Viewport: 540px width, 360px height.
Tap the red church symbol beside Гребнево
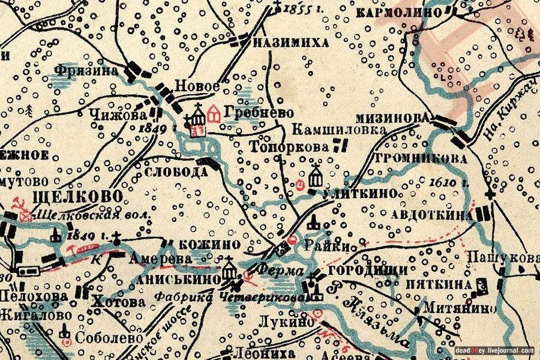pyautogui.click(x=213, y=112)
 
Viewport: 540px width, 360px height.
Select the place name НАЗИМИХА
pyautogui.click(x=290, y=43)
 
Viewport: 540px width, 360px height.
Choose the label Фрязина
pyautogui.click(x=85, y=70)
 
